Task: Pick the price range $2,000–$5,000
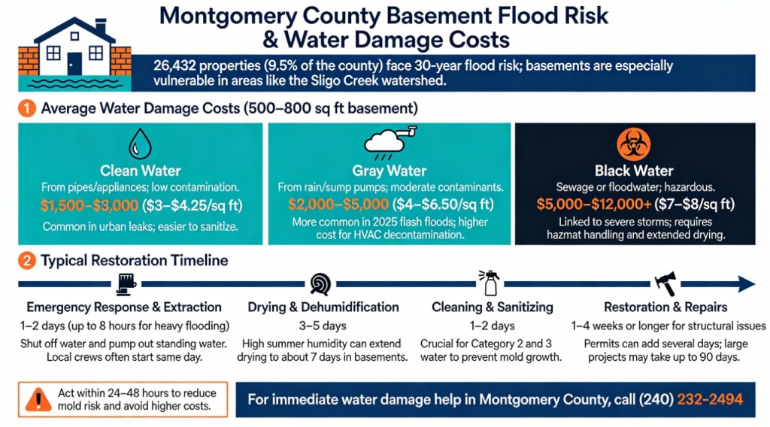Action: click(x=331, y=204)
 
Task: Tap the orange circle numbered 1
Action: click(x=27, y=108)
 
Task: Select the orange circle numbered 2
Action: click(x=27, y=262)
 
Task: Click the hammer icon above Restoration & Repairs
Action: click(x=666, y=283)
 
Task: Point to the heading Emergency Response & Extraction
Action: click(x=124, y=307)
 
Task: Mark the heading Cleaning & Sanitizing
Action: click(x=493, y=307)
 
